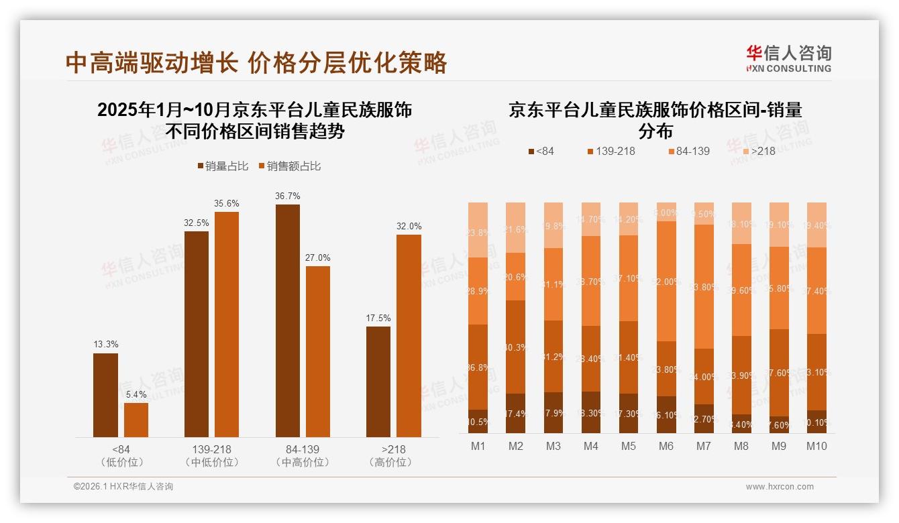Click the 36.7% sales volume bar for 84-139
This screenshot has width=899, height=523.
click(288, 321)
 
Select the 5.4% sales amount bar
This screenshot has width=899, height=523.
click(136, 420)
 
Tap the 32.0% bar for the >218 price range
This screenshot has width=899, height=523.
click(409, 335)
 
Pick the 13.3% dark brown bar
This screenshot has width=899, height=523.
click(105, 395)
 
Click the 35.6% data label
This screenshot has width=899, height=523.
click(227, 203)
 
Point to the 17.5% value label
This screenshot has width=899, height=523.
click(378, 318)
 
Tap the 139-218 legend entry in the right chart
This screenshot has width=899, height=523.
click(611, 151)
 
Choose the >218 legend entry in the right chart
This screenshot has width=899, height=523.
click(757, 151)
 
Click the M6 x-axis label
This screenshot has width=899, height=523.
click(666, 446)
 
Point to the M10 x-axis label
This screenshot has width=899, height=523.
click(816, 446)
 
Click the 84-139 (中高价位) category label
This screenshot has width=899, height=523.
click(302, 455)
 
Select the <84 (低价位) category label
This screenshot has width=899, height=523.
click(121, 455)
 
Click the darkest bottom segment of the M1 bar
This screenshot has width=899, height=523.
click(478, 422)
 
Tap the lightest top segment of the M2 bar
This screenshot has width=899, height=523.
click(515, 227)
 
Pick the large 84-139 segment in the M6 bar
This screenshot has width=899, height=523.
click(666, 281)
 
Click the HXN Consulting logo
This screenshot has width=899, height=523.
click(789, 58)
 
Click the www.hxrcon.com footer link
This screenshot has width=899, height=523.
click(780, 487)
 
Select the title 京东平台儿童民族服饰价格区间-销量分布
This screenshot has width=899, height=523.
click(655, 119)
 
